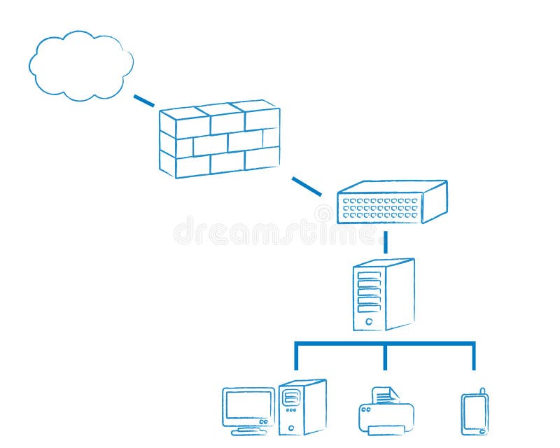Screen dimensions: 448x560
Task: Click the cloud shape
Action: click(80, 65)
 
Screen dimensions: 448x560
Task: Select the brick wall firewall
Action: click(219, 139)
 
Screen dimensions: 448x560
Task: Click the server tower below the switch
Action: click(384, 295)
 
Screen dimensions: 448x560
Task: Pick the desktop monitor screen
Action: click(248, 406)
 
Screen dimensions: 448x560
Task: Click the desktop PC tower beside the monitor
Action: click(302, 407)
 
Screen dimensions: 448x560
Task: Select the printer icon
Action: click(386, 413)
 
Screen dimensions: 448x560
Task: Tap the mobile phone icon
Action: click(474, 414)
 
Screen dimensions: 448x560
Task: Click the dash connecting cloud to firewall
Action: click(143, 101)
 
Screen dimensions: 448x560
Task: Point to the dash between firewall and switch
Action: click(307, 186)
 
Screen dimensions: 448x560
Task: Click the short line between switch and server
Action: click(385, 242)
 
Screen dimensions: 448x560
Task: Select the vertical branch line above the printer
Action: click(385, 357)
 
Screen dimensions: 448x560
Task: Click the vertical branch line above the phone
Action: click(474, 357)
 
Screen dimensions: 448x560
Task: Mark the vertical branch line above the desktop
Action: click(296, 357)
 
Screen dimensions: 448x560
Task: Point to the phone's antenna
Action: click(482, 391)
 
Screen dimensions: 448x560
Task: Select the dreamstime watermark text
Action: click(280, 231)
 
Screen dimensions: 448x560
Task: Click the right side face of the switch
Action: click(435, 202)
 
